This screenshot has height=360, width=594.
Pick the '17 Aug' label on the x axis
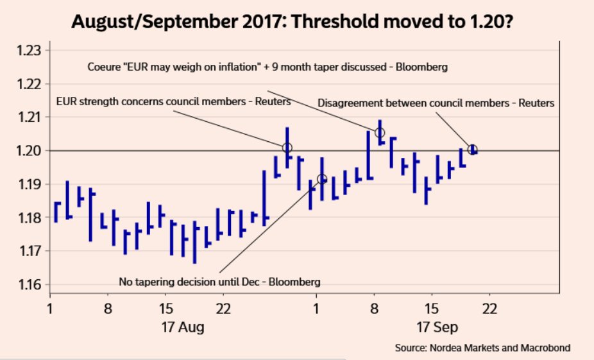(184, 327)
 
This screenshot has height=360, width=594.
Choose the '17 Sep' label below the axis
(438, 327)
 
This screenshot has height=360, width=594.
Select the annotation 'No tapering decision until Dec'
(219, 282)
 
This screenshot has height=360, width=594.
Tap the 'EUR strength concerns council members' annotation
(173, 101)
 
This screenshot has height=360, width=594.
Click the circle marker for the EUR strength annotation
(287, 148)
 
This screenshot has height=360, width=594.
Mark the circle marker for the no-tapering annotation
(322, 179)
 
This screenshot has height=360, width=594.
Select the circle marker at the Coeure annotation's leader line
(380, 133)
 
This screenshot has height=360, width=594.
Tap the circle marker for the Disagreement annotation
(473, 150)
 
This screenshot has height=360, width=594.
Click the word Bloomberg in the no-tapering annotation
(296, 282)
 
